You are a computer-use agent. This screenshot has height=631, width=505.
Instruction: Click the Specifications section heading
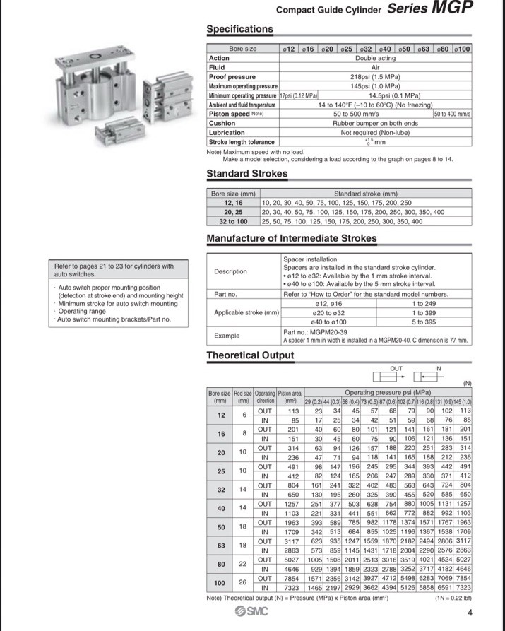[x=239, y=29]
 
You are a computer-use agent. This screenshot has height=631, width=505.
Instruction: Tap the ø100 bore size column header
[x=463, y=49]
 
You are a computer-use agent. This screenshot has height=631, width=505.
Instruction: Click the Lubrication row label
[x=227, y=132]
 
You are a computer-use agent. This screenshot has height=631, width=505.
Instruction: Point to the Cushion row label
[x=222, y=123]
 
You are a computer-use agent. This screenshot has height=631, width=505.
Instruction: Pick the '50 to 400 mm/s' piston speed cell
[x=452, y=114]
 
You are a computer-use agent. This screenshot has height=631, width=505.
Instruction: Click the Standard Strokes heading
[x=246, y=174]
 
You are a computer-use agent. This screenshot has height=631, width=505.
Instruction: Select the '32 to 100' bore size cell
[x=233, y=221]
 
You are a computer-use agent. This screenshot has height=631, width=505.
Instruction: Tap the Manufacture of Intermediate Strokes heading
[x=292, y=239]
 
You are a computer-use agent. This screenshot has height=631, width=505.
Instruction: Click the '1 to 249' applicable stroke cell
[x=423, y=303]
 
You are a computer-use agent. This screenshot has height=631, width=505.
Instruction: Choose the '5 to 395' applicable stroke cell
[x=423, y=322]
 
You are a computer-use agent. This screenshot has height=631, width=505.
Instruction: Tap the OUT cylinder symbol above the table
[x=397, y=375]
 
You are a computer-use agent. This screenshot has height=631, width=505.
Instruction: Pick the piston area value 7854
[x=292, y=577]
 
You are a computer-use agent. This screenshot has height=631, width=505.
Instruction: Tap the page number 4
[x=470, y=613]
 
